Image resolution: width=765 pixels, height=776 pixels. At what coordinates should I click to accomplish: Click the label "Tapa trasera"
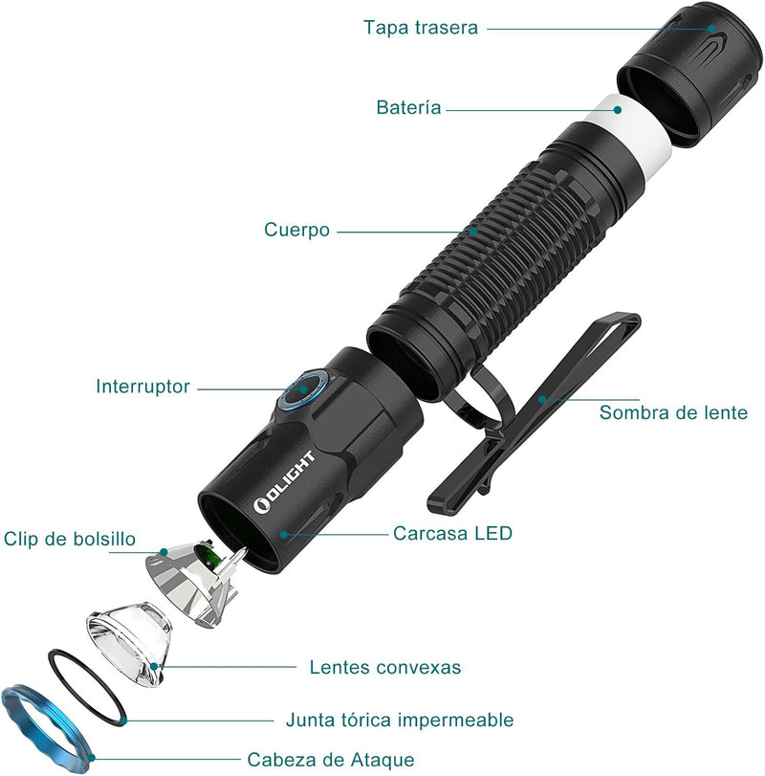(420, 27)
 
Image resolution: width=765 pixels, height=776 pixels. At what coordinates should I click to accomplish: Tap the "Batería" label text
(409, 108)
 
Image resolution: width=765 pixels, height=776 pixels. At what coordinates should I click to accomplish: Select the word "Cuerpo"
(297, 231)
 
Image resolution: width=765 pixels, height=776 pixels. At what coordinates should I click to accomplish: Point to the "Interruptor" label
(142, 388)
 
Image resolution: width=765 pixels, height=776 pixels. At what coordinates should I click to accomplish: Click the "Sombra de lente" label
(673, 413)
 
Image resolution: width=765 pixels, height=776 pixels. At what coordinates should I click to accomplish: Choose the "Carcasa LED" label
(452, 533)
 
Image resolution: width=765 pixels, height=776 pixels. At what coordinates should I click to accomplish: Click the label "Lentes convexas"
(385, 667)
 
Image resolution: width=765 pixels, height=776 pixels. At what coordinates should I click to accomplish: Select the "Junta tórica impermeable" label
(400, 720)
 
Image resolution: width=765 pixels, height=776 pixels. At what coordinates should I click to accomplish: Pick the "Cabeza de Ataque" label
(331, 761)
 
